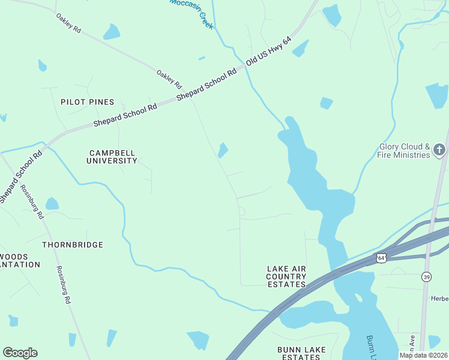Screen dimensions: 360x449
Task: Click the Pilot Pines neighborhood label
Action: (x=87, y=103)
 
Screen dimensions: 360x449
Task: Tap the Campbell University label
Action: (x=112, y=157)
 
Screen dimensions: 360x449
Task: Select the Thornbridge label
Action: (x=73, y=245)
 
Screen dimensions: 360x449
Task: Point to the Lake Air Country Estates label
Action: (x=286, y=276)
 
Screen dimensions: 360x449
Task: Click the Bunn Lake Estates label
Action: (x=298, y=353)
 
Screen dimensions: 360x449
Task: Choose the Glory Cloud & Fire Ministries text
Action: (x=405, y=151)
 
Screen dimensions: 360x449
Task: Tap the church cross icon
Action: (x=439, y=149)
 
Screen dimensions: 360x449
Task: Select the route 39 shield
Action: (x=426, y=276)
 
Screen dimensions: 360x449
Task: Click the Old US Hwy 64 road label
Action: (x=269, y=50)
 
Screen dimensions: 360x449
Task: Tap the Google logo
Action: (x=20, y=353)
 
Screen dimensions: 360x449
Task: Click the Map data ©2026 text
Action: (x=423, y=355)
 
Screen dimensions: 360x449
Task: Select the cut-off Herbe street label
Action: (x=440, y=299)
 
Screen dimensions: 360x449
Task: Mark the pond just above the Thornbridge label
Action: (x=52, y=204)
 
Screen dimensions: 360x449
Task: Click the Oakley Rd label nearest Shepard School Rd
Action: (x=169, y=80)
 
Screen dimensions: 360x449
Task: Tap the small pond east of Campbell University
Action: (x=223, y=150)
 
